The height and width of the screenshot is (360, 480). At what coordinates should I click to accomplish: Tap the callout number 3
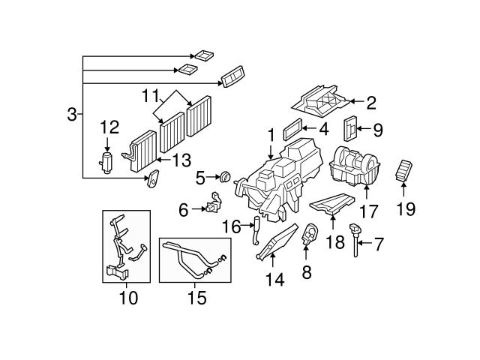[71, 114]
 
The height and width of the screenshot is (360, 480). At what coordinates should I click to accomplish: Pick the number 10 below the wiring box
[127, 298]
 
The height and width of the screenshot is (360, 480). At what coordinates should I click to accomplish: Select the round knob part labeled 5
[223, 178]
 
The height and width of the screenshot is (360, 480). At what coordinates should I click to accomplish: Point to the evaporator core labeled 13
[140, 153]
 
